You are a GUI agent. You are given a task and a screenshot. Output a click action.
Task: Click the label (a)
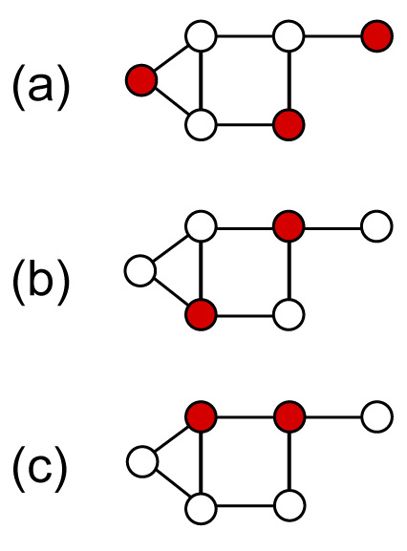tap(41, 87)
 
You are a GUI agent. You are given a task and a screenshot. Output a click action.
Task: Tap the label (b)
tap(41, 282)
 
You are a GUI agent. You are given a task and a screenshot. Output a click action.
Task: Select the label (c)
tap(40, 469)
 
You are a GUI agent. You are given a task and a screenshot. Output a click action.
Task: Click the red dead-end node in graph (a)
tap(376, 36)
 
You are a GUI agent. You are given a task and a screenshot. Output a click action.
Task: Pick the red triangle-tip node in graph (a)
tap(141, 80)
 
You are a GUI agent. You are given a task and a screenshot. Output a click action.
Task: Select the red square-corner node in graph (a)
tap(289, 125)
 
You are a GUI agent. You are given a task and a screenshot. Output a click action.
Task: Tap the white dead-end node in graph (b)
tap(376, 226)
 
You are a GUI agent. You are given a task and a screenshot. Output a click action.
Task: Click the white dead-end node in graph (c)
tap(376, 416)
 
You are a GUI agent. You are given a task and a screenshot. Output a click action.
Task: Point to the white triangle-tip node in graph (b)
tap(140, 270)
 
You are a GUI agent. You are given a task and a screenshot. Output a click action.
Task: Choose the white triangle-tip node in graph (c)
tap(142, 462)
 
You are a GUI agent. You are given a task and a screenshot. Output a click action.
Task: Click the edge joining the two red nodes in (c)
tap(245, 417)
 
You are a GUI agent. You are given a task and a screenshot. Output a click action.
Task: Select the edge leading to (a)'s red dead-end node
tap(332, 36)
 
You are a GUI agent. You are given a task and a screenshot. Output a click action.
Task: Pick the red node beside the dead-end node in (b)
tap(289, 226)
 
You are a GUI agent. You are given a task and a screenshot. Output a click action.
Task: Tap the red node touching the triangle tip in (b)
tap(201, 314)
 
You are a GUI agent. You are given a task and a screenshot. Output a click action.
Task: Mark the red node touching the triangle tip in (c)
tap(201, 416)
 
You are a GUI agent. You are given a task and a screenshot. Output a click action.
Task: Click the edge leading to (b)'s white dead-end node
tap(332, 228)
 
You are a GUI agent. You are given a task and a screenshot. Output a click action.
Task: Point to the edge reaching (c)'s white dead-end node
tap(332, 417)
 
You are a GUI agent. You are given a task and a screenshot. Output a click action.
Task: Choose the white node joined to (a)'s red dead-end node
tap(289, 36)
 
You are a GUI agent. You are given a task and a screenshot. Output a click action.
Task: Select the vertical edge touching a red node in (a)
tap(289, 80)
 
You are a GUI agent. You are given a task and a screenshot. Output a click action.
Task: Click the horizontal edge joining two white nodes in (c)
tap(245, 506)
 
